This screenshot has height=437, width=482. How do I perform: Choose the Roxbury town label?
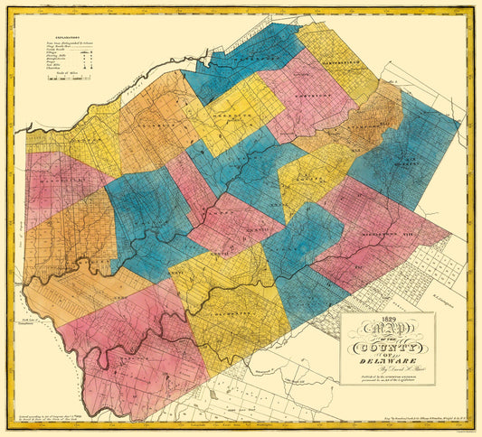tap(398, 163)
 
